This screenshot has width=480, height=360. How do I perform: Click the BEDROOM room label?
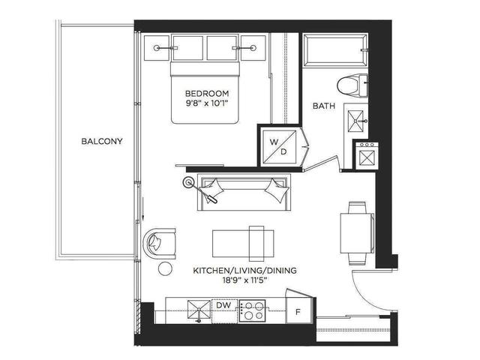point(207,93)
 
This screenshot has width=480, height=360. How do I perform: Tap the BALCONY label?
point(102,141)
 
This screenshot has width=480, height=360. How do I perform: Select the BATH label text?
point(324,106)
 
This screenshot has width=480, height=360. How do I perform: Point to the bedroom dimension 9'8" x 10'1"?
point(207,103)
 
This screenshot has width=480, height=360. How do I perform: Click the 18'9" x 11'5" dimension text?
point(245,280)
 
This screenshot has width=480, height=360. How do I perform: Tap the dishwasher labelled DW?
point(223,310)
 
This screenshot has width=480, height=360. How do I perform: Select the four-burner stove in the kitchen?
point(252,310)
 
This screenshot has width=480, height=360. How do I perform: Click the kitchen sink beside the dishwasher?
point(199,310)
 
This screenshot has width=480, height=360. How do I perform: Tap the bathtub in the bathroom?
point(335,49)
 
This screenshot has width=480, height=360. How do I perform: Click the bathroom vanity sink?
point(355,121)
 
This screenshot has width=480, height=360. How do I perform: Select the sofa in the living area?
point(244,192)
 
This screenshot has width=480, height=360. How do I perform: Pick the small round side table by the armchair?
point(165,269)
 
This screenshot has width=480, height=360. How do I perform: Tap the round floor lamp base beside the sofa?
point(188,182)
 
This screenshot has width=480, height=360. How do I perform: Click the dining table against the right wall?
point(357,232)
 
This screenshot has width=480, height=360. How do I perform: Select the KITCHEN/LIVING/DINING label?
point(245,271)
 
